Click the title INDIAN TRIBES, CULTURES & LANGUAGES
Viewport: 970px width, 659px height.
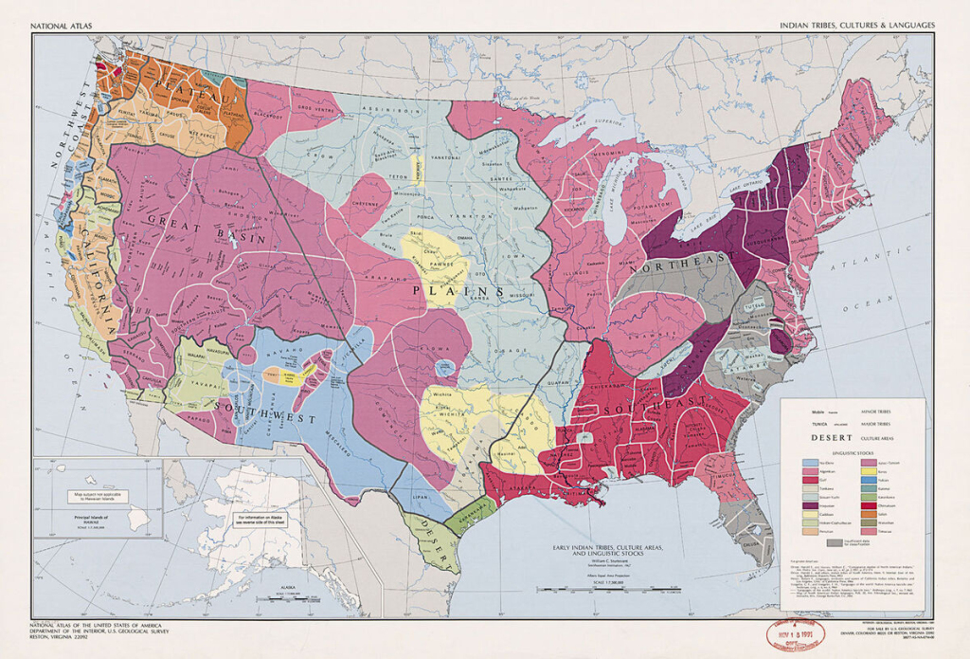click(x=857, y=25)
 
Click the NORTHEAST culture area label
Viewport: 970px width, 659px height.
click(x=688, y=257)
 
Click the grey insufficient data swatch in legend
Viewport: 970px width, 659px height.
click(x=835, y=544)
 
